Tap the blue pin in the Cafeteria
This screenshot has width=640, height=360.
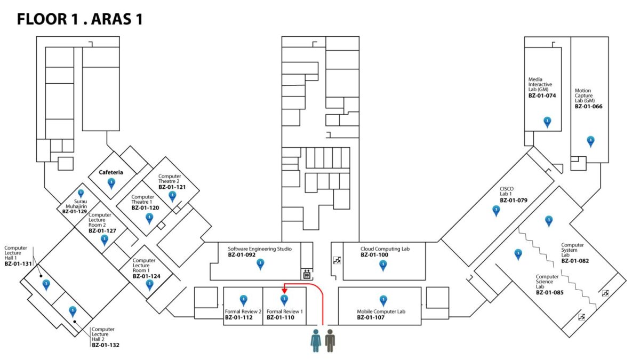[111, 183]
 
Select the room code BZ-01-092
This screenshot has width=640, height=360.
[242, 255]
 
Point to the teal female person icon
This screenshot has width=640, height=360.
[316, 340]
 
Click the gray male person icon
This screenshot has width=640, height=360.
[330, 340]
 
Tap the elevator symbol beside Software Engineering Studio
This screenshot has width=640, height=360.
[307, 274]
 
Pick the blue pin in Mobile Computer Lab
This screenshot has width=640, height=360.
[383, 300]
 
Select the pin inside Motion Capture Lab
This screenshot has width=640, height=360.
[590, 141]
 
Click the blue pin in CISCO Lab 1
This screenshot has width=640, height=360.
[496, 210]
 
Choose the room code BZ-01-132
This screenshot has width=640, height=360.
[106, 345]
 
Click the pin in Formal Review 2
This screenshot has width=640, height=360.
[244, 300]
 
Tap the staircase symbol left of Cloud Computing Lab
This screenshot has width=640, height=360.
[337, 260]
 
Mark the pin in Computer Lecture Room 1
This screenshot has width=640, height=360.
[149, 284]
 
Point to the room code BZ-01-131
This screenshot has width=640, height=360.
[19, 264]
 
